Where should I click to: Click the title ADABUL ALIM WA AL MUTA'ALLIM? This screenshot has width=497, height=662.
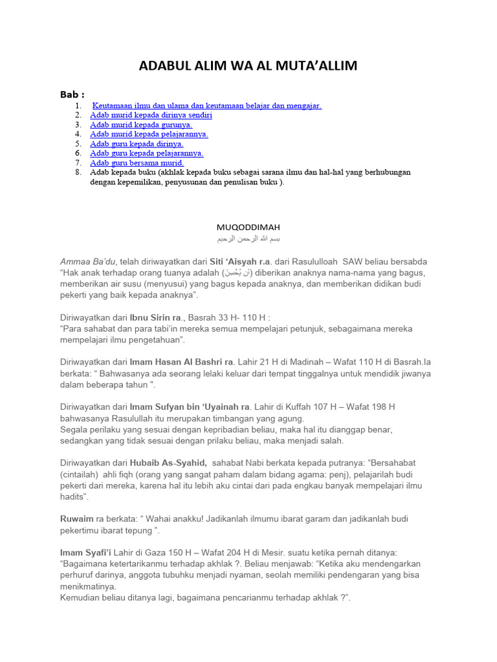click(248, 66)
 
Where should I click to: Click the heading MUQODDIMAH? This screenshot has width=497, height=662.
click(248, 228)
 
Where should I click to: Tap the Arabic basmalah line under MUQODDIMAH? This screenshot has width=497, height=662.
click(248, 239)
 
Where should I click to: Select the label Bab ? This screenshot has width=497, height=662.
click(72, 95)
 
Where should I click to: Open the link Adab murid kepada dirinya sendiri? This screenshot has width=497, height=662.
click(151, 115)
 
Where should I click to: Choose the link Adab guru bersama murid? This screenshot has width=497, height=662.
click(137, 163)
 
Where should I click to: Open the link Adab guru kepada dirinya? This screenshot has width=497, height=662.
click(137, 144)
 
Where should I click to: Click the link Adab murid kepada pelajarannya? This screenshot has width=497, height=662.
click(149, 134)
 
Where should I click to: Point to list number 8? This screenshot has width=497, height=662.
click(78, 173)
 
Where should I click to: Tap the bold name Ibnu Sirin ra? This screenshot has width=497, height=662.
click(155, 317)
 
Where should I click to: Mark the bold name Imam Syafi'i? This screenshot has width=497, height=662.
click(86, 553)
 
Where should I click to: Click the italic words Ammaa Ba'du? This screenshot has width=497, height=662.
click(88, 261)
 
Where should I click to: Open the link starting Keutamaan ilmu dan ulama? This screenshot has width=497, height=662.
click(207, 105)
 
